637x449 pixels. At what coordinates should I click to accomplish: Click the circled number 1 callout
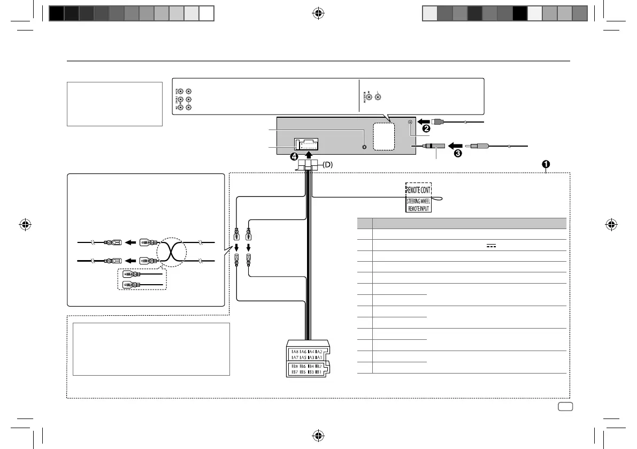546,164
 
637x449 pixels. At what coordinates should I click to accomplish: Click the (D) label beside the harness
328,165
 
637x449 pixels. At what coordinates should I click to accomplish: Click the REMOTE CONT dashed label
418,189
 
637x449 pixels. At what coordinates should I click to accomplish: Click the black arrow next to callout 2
424,121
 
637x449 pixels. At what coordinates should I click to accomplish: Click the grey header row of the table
461,223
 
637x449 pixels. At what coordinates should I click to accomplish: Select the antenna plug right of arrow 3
485,146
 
